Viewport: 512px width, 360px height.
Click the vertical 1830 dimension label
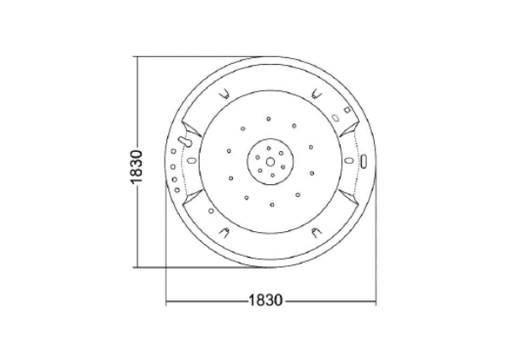pos(137,167)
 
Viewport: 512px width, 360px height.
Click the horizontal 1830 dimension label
pos(265,300)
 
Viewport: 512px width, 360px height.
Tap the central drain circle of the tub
pos(270,161)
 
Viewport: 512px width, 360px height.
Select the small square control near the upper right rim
pos(347,110)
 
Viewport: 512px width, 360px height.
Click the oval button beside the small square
pos(335,118)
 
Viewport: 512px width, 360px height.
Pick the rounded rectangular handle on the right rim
pos(364,161)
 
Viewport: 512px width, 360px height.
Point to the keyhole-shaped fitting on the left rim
pos(184,142)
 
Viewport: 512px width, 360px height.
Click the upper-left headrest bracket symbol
pos(224,95)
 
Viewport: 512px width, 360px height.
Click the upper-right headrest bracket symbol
pos(316,94)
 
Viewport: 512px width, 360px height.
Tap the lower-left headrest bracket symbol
pos(224,232)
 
